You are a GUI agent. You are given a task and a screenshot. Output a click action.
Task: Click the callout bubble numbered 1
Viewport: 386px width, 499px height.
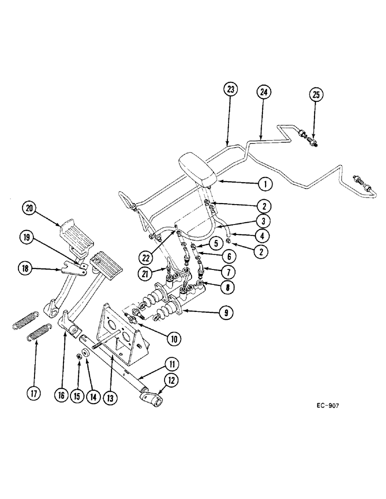(x=265, y=184)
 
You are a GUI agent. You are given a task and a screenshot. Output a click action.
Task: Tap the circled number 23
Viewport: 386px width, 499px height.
(x=230, y=90)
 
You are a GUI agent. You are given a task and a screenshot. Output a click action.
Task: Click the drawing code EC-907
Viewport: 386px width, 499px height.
(x=327, y=406)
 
